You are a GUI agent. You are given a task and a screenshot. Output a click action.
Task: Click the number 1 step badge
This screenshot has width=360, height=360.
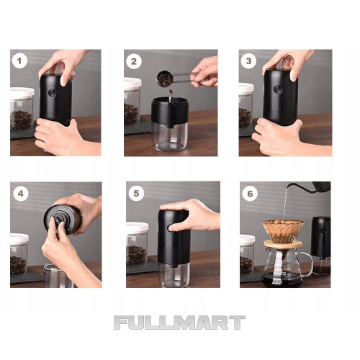19,60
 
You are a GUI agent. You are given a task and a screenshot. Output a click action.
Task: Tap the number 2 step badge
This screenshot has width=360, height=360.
134,61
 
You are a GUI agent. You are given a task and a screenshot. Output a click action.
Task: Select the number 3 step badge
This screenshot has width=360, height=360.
248,61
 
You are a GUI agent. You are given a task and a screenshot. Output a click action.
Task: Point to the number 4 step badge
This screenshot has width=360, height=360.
21,194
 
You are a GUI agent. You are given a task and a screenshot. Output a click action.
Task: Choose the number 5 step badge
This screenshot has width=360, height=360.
136,193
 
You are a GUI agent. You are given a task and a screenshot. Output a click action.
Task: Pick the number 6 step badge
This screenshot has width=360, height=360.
250,194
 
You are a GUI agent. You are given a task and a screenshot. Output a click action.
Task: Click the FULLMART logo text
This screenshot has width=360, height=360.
179,323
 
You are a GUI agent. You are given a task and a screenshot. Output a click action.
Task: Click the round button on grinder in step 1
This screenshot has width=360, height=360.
53,93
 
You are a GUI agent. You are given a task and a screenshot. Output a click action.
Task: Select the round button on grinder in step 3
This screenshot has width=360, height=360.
278,89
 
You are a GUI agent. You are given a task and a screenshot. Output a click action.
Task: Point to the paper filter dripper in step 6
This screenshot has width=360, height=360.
283,231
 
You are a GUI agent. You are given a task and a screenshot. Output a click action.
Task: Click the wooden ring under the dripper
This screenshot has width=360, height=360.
283,244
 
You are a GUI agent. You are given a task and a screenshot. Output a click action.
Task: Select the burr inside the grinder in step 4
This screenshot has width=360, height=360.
58,219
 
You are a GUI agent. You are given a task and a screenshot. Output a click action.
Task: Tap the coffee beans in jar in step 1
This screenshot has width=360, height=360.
21,120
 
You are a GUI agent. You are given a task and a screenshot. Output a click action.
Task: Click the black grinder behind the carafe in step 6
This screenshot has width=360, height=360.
321,245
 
